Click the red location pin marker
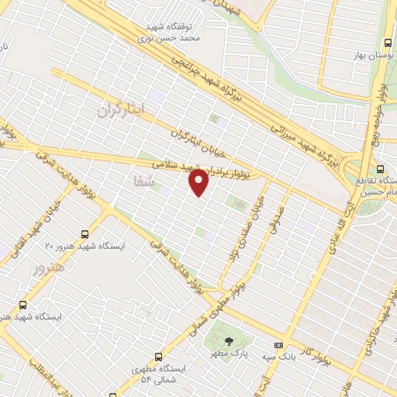tap(199, 183)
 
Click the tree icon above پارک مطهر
tap(228, 340)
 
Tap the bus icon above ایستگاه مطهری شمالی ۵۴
tap(159, 357)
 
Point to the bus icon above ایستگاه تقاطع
tap(379, 169)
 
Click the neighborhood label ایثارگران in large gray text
tap(122, 110)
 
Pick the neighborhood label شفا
tap(145, 181)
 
